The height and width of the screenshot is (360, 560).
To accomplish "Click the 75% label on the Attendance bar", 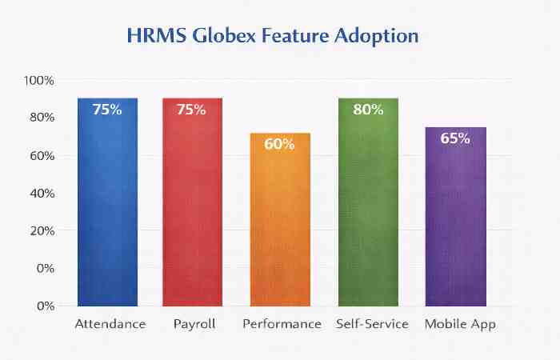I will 107,110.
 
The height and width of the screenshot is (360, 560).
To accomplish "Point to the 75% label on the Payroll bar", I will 192,110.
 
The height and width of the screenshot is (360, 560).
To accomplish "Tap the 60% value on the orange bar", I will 280,145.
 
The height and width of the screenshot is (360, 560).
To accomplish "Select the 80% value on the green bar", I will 368,110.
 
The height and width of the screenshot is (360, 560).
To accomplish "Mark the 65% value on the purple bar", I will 455,138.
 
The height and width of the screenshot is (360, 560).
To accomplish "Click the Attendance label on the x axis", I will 110,324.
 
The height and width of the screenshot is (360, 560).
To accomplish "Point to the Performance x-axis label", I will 281,324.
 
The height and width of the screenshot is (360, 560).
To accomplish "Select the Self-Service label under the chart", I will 373,324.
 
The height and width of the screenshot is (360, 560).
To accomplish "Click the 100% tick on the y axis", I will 38,81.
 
